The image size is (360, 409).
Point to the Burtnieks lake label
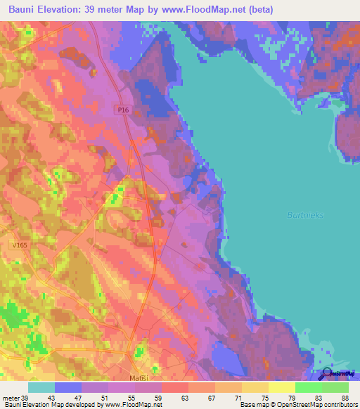305,215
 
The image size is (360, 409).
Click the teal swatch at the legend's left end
41,387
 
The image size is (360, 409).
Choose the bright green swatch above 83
308,387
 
